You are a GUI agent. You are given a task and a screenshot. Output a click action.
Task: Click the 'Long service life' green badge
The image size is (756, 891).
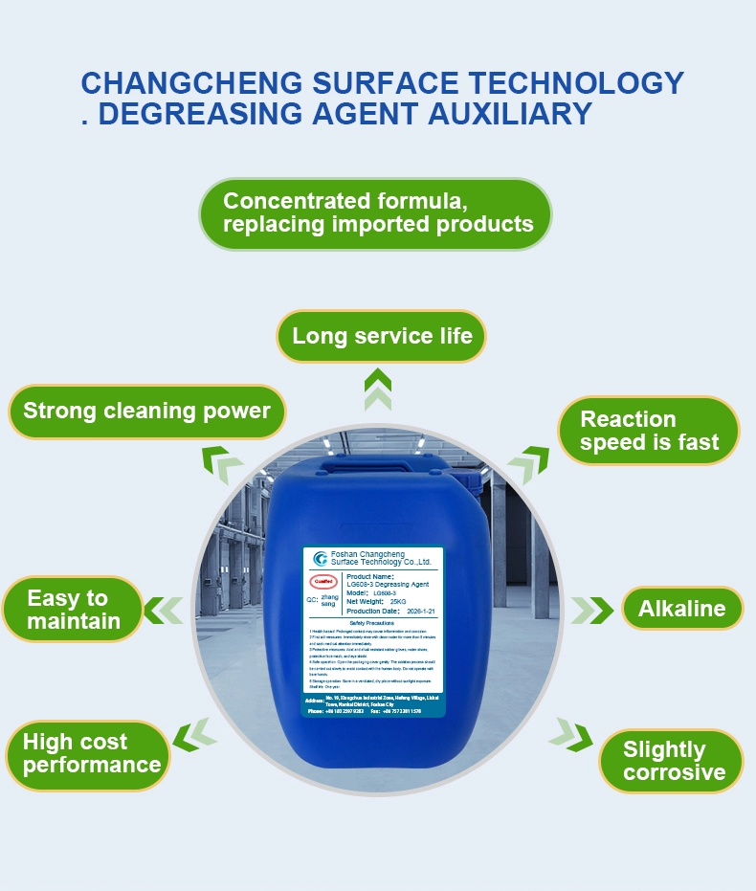tap(381, 337)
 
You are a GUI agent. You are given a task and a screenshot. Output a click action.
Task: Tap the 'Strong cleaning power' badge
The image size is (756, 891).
tap(146, 412)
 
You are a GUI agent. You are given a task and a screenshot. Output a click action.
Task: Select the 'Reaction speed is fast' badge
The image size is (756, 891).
tap(648, 431)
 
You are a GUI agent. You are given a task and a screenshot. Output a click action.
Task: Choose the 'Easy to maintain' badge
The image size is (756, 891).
tap(73, 610)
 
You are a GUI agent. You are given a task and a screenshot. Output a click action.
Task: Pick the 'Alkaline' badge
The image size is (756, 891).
tap(681, 609)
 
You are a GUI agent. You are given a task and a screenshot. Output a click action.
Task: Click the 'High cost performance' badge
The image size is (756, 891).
tap(91, 753)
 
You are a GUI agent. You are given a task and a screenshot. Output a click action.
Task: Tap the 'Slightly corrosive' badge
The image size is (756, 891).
tap(673, 761)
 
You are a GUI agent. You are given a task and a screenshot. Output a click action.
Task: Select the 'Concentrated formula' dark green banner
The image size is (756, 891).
tap(376, 212)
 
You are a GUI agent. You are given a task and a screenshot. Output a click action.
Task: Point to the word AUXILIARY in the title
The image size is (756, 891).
tap(509, 114)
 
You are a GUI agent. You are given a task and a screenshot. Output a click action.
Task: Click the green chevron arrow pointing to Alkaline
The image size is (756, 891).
tap(592, 610)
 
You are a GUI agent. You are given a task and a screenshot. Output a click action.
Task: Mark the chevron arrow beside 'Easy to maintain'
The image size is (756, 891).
tap(164, 609)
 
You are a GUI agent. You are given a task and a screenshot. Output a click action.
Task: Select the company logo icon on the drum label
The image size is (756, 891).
tap(320, 559)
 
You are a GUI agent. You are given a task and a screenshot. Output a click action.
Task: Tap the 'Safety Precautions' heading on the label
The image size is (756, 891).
tap(372, 622)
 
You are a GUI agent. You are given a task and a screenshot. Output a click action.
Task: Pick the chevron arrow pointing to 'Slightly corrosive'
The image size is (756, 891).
tap(567, 732)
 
